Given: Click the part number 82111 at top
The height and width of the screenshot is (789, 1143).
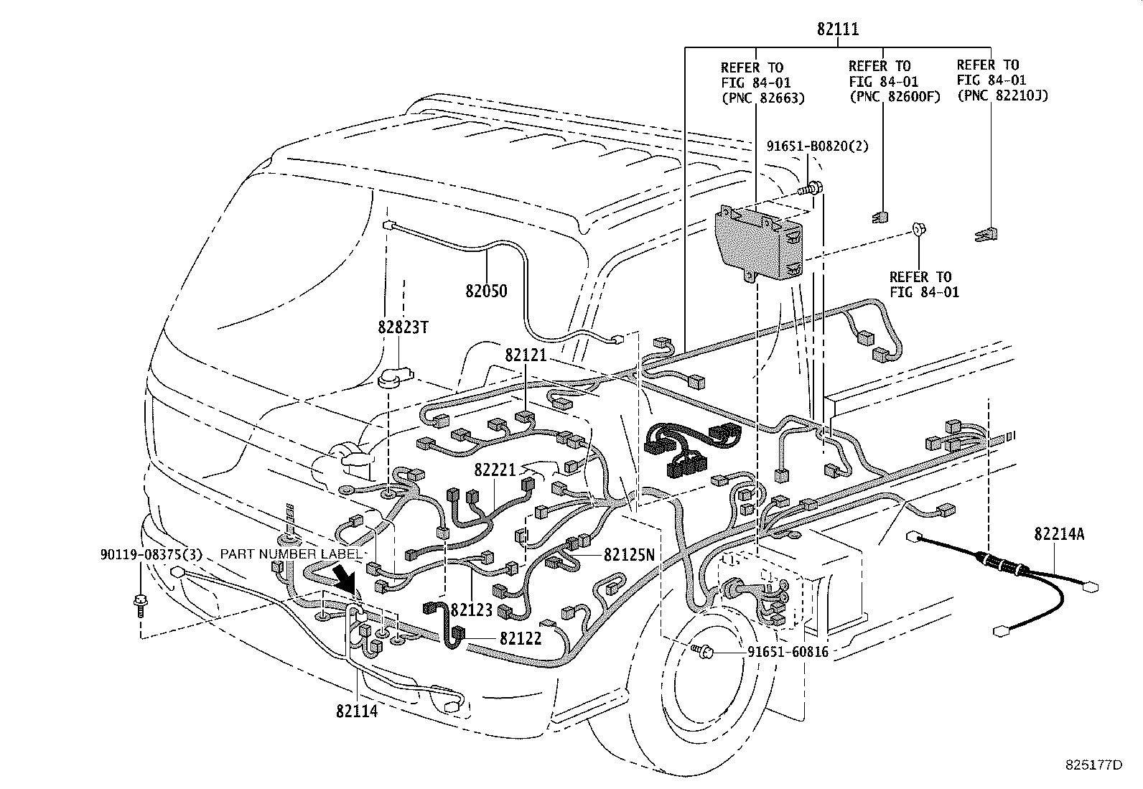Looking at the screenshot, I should coord(838,29).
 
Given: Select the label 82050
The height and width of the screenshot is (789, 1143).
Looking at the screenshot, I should coord(485,291).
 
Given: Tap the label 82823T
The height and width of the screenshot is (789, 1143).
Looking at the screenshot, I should coord(403,327).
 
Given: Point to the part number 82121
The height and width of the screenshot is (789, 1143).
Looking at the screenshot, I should coord(526,355).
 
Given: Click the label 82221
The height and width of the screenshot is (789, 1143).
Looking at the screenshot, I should coord(495,470).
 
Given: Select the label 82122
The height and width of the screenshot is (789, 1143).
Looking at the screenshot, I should coord(520,638).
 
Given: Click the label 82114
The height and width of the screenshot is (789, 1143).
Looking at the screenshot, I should coord(356,711).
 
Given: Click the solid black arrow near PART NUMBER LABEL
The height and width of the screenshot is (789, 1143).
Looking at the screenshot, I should coord(348,578).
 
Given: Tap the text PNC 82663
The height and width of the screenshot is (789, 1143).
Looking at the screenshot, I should coord(762,98).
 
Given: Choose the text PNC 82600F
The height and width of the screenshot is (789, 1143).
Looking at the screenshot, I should coord(894,98).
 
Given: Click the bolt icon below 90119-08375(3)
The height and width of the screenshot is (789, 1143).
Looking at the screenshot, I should coord(141,604).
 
